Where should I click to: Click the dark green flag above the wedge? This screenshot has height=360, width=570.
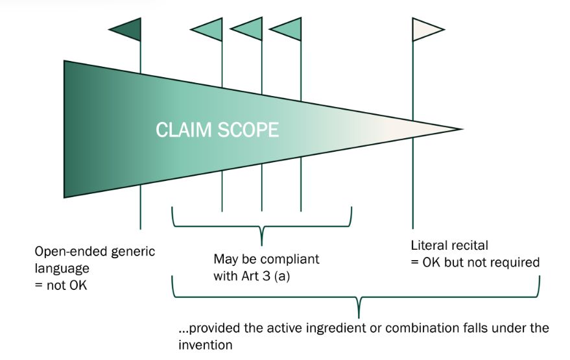click(128, 29)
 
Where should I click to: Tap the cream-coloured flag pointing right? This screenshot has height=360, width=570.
click(425, 29)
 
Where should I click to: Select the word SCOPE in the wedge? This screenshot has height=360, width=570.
click(246, 130)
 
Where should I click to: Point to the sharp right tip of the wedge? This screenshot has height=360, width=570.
click(460, 129)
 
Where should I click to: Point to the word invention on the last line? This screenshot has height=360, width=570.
click(205, 345)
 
